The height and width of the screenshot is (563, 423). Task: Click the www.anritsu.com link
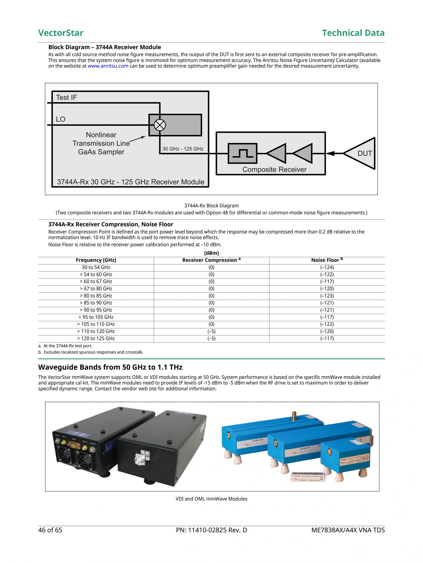(108, 66)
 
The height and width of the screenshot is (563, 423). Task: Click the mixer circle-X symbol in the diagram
(160, 125)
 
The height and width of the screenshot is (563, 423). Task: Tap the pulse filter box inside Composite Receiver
(242, 154)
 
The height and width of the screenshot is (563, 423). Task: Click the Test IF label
(67, 97)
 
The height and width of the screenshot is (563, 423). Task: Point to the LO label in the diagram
(61, 119)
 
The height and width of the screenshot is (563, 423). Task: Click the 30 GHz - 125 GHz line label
(183, 149)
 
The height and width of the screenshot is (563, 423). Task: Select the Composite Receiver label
(274, 169)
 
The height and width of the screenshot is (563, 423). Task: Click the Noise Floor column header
(327, 260)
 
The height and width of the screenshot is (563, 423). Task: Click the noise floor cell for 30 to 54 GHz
(327, 267)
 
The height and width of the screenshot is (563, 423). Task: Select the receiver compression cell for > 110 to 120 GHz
(211, 331)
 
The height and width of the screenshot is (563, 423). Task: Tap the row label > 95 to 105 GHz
(96, 317)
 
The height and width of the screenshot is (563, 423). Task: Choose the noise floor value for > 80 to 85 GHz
(327, 296)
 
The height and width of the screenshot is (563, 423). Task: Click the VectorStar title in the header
(61, 33)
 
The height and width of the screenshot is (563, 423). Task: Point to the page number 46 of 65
(50, 530)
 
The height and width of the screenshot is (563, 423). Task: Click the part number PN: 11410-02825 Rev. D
(211, 530)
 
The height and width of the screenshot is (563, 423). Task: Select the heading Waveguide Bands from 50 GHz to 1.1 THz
(110, 367)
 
